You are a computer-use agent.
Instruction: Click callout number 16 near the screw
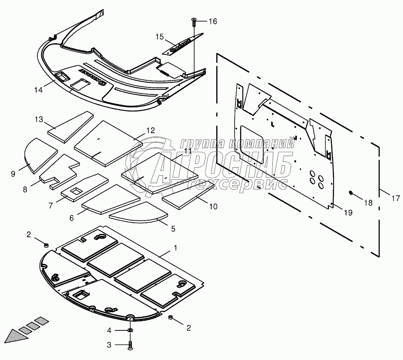[213, 22]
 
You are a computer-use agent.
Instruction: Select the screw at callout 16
[194, 21]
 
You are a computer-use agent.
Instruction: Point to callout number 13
[39, 120]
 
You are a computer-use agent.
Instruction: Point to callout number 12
[150, 131]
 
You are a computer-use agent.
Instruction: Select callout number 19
[348, 213]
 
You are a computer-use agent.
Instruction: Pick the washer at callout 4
[130, 330]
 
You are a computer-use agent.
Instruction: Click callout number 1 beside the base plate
[176, 248]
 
